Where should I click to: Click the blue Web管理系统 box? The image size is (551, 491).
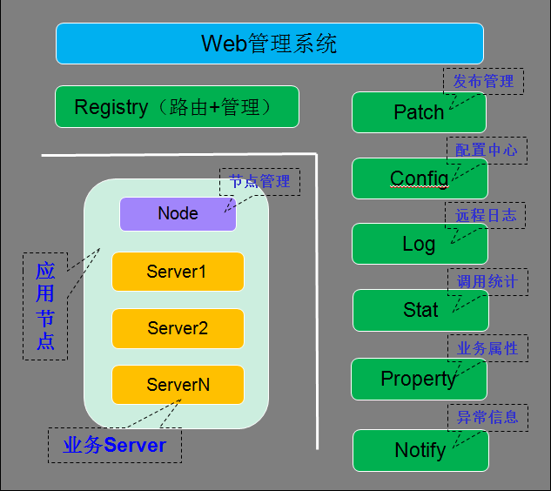(x=269, y=44)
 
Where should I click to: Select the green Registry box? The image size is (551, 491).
(x=177, y=107)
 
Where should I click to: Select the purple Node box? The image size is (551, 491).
(x=178, y=213)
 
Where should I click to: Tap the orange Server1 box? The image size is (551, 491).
(x=178, y=272)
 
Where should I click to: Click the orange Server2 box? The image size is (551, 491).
(x=178, y=328)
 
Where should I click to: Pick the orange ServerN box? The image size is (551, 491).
(x=178, y=384)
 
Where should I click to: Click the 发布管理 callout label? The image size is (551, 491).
(x=484, y=82)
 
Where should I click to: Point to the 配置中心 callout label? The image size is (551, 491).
(x=486, y=150)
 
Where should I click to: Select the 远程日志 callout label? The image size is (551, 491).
(x=486, y=215)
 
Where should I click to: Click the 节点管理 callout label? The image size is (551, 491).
(x=259, y=181)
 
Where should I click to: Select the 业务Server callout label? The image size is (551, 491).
(x=115, y=445)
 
